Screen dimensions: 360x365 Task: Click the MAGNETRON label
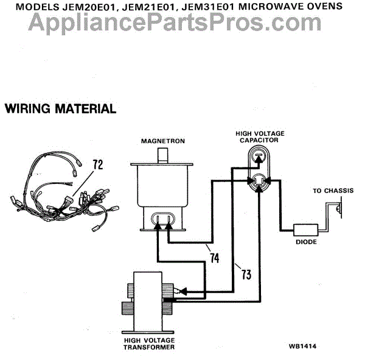(162, 141)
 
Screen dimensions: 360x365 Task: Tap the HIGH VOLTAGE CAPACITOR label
(260, 136)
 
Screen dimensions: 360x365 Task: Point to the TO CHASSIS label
(333, 191)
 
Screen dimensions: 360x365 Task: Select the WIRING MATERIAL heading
(60, 110)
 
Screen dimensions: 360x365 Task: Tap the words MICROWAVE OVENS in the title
(285, 6)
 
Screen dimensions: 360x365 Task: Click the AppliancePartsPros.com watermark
(182, 23)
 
